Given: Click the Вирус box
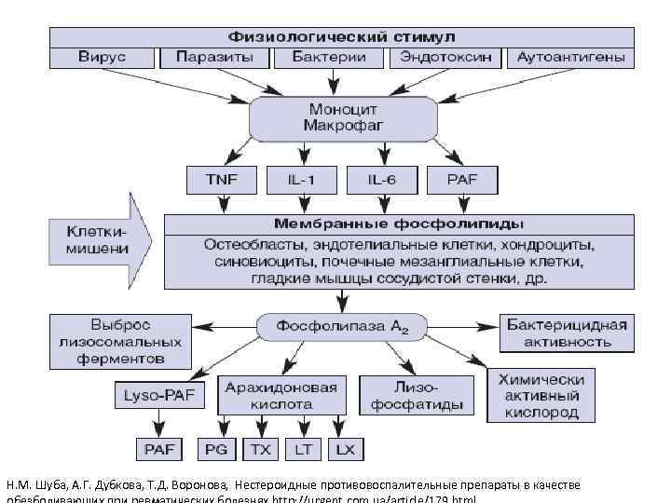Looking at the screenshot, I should (x=102, y=58).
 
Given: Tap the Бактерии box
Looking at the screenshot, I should (x=330, y=58).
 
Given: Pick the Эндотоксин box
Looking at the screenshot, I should (x=445, y=58).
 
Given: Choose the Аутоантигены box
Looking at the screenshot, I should (x=569, y=58).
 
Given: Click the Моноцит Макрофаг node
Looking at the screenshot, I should (x=343, y=118).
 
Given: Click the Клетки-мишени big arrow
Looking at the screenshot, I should (x=99, y=240).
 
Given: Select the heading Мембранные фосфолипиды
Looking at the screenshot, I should (x=398, y=224).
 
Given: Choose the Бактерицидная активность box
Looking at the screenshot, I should (x=567, y=333).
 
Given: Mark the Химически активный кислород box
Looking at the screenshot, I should (x=541, y=396).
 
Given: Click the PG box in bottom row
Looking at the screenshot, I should (x=216, y=450).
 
